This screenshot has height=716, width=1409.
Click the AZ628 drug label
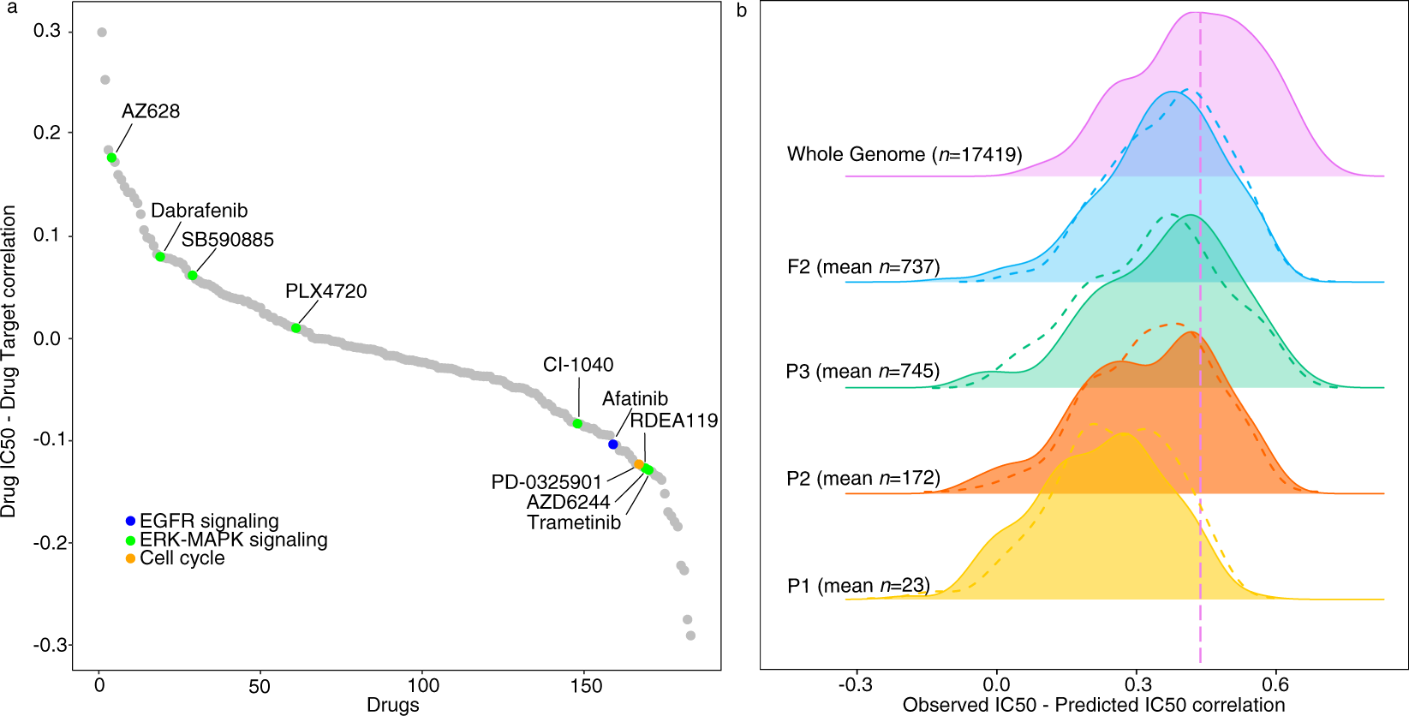(x=151, y=111)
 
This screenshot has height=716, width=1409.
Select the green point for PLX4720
(x=296, y=328)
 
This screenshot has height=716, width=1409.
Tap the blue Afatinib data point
(x=613, y=445)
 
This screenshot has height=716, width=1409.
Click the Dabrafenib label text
(x=199, y=211)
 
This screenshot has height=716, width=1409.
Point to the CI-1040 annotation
(x=578, y=365)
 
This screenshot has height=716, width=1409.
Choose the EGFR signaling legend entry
(x=209, y=521)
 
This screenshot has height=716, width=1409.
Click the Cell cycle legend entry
(x=182, y=558)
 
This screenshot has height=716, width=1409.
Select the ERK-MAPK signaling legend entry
(x=233, y=540)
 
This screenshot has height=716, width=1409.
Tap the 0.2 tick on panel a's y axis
(x=46, y=133)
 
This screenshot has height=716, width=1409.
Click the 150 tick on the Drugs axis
(x=586, y=686)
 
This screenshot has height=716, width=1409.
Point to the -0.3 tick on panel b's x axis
(x=855, y=685)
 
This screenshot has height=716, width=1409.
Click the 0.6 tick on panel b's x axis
(x=1275, y=685)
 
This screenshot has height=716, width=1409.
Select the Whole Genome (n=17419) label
(x=905, y=155)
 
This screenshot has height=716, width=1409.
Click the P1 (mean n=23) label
(x=858, y=586)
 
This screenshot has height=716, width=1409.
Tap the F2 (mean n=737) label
(x=863, y=267)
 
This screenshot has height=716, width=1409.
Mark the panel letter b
(x=742, y=11)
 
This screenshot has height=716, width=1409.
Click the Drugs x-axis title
(x=393, y=705)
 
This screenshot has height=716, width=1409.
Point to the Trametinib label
(x=574, y=523)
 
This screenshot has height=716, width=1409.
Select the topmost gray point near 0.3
(x=102, y=33)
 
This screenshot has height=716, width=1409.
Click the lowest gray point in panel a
(x=690, y=635)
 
